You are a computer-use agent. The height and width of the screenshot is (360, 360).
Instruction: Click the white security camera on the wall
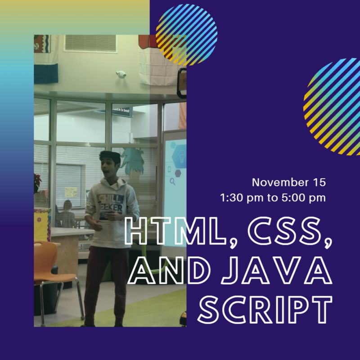point(121,74)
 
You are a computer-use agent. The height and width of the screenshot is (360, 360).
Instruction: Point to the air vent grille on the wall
point(90,43)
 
